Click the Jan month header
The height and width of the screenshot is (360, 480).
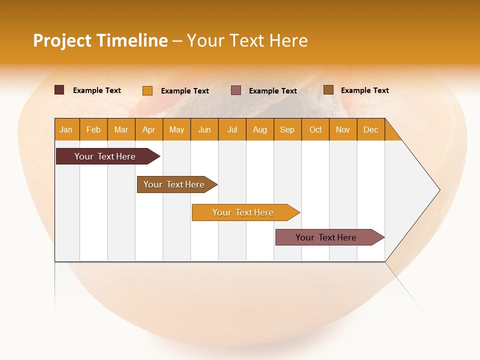tap(66, 129)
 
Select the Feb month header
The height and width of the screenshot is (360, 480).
tap(93, 129)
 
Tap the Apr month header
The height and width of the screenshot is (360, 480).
tap(149, 129)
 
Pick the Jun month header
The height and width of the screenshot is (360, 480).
tap(204, 129)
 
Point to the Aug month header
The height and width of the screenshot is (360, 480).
tap(260, 129)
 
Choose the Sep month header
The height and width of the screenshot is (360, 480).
tap(287, 129)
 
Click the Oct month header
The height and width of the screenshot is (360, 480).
tap(315, 129)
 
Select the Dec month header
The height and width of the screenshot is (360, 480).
tap(371, 129)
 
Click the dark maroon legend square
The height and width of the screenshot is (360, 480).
tap(59, 90)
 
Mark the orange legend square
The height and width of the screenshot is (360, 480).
tap(147, 90)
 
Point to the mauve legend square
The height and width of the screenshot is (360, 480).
tap(236, 90)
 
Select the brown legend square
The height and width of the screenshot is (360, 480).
tap(328, 90)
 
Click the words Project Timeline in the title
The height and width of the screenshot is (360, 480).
tap(100, 40)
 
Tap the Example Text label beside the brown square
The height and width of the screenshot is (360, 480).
tap(365, 90)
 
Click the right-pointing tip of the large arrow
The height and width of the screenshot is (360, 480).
tap(437, 190)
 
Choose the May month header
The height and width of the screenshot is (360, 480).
tap(176, 129)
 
